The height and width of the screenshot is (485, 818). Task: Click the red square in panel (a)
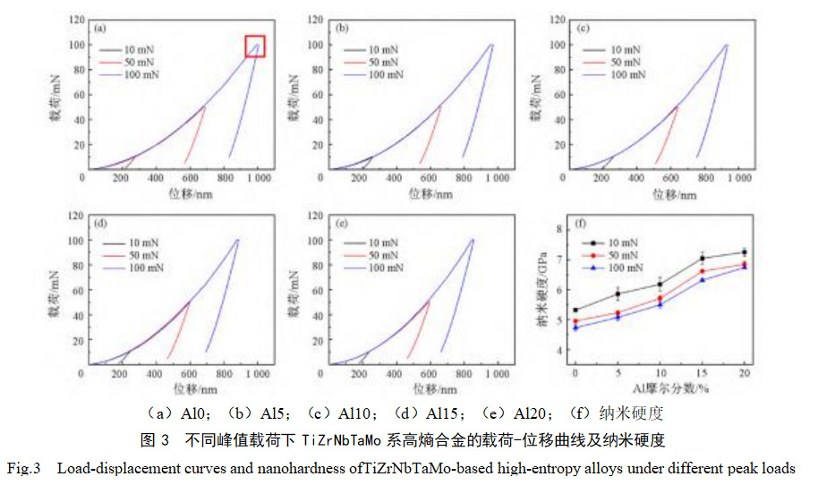256,47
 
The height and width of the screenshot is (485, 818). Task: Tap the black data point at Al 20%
744,252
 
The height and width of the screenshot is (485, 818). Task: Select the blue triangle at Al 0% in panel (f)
575,328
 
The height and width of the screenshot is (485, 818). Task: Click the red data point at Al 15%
702,271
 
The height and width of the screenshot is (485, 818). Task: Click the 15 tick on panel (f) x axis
702,372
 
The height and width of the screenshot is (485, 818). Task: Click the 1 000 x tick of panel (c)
737,178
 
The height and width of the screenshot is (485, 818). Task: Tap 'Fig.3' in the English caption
27,468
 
